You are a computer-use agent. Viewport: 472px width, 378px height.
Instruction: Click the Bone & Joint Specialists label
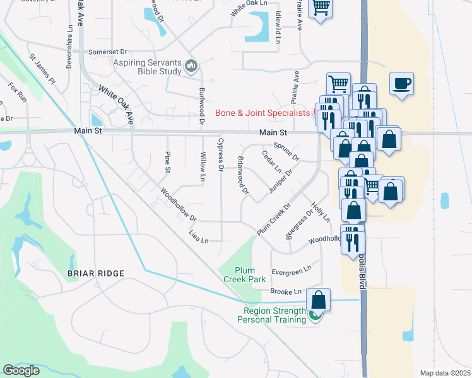[x=263, y=113]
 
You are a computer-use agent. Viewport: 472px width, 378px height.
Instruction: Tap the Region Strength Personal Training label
[x=271, y=315]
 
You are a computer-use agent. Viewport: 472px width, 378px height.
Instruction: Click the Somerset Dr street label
[x=108, y=52]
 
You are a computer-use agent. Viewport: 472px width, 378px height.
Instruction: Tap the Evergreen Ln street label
[x=292, y=270]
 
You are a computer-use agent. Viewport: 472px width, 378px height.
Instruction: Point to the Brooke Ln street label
[x=286, y=292]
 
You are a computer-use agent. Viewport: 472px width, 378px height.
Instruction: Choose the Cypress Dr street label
[x=221, y=154]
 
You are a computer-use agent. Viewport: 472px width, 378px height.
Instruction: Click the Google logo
[x=21, y=370]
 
